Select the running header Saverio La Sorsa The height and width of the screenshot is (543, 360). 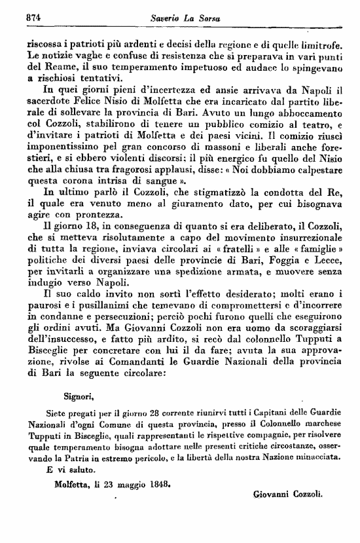tap(187, 18)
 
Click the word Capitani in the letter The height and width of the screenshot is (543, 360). tap(247, 413)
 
